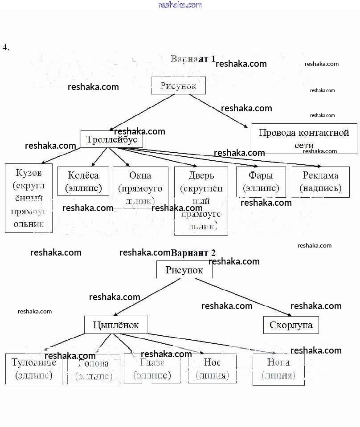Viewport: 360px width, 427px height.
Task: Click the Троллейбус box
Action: click(x=112, y=139)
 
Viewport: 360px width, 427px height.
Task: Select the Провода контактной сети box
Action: click(x=304, y=138)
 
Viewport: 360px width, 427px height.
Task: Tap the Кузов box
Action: click(x=29, y=198)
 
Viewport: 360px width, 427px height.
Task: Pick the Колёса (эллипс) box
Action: click(x=83, y=181)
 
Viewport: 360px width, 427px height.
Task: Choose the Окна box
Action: click(x=140, y=187)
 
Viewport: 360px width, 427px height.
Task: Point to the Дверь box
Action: click(x=201, y=200)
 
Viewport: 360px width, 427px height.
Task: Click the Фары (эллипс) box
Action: click(x=261, y=182)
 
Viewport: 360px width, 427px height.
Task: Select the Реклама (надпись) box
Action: click(x=321, y=182)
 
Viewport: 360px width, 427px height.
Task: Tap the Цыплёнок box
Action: click(x=116, y=325)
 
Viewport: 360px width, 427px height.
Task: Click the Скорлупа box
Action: click(x=291, y=325)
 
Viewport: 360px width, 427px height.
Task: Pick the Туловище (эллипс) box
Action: click(x=34, y=369)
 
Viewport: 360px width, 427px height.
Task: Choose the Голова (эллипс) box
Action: click(x=94, y=369)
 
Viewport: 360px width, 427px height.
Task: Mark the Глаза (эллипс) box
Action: click(x=152, y=368)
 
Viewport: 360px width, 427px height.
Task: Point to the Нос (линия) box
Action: click(x=212, y=368)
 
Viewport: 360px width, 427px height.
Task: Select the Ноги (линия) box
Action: click(x=278, y=369)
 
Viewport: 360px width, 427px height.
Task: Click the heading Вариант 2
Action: click(x=193, y=253)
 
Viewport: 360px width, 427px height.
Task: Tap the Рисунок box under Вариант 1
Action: click(x=178, y=85)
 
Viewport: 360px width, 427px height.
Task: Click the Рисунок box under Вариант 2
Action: click(x=184, y=270)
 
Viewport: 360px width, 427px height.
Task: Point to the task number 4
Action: click(x=6, y=47)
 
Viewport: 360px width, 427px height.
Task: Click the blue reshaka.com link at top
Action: click(x=180, y=5)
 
